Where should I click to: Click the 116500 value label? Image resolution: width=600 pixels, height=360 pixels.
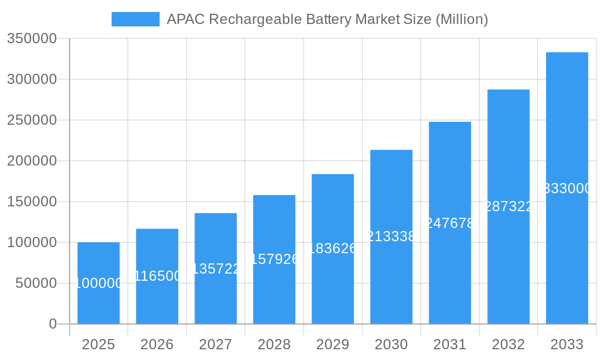157,276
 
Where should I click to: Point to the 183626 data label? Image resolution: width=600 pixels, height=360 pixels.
332,248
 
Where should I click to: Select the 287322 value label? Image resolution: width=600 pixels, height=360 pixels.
508,206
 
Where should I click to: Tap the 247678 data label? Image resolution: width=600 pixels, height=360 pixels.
450,223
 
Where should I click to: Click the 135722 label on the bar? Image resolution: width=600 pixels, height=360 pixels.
215,269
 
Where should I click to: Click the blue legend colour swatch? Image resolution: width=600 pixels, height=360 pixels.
136,19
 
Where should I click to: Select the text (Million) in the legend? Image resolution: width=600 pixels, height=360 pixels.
461,19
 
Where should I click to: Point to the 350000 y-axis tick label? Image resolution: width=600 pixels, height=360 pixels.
32,38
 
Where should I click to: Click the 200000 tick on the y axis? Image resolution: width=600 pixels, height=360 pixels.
32,161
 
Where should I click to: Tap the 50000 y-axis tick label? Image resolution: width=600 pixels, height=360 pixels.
36,283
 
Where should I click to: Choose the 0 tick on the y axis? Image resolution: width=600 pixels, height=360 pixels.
52,324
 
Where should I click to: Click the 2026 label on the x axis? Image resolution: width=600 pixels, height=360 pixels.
157,344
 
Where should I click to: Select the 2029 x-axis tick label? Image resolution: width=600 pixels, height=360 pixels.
332,344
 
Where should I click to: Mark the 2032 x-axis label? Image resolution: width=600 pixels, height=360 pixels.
508,344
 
